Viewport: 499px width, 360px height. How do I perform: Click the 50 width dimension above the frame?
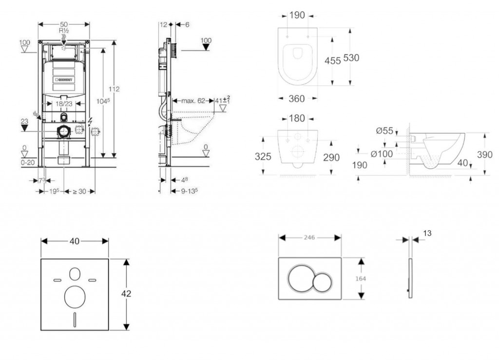(63, 24)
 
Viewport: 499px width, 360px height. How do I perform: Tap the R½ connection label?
(63, 30)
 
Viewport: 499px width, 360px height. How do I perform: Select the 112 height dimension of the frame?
(114, 89)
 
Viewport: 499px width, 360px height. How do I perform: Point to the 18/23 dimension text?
(63, 103)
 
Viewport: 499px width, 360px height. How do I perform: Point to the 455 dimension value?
(332, 60)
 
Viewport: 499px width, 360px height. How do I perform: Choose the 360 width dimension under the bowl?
(297, 99)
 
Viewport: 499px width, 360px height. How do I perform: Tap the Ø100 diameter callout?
(382, 154)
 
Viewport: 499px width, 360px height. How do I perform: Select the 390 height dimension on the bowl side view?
(485, 154)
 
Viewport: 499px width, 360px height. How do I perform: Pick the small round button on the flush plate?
(322, 283)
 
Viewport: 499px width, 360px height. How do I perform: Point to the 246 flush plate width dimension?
(309, 238)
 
